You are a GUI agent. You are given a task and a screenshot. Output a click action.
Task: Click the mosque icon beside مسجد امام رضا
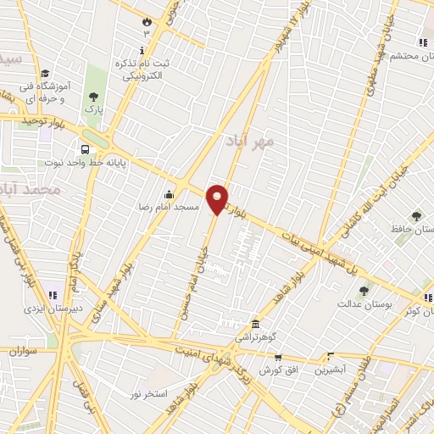169,194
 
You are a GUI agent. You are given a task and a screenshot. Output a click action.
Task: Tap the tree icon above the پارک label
92,97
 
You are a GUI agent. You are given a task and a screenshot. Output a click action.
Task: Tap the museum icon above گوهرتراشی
255,324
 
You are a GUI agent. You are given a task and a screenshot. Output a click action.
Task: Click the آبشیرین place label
330,370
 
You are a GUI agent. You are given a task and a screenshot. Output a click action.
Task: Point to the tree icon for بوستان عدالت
364,291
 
